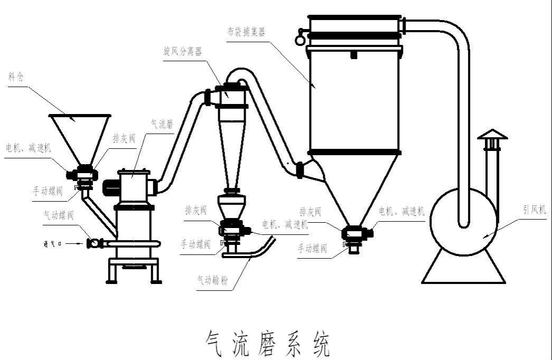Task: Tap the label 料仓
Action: coord(17,76)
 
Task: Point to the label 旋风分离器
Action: coord(182,51)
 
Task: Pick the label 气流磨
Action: coord(163,124)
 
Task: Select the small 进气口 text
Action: coord(53,243)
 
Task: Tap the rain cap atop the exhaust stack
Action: coord(492,135)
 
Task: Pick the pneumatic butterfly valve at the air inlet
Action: coord(94,243)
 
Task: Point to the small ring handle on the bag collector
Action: coord(301,37)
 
